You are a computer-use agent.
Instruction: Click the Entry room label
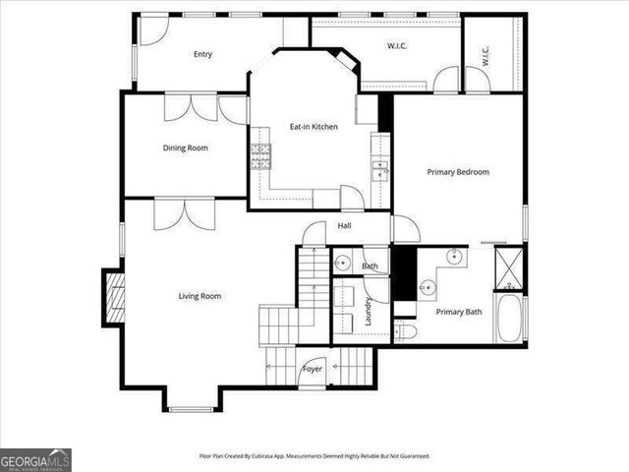[202, 54]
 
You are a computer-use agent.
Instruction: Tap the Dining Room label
[185, 147]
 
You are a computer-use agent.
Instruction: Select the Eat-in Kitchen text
[314, 126]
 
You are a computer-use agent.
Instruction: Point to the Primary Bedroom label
[458, 171]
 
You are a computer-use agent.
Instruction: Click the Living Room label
[200, 296]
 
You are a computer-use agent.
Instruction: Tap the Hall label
[344, 226]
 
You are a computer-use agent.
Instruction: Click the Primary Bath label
[459, 312]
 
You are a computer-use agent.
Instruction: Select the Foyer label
[312, 369]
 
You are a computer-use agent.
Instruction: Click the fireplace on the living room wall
[115, 297]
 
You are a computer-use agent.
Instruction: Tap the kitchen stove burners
[261, 152]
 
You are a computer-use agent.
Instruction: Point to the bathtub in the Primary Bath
[508, 320]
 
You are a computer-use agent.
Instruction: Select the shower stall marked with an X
[508, 266]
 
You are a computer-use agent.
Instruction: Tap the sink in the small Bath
[343, 262]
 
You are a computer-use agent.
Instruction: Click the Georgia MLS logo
[35, 459]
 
